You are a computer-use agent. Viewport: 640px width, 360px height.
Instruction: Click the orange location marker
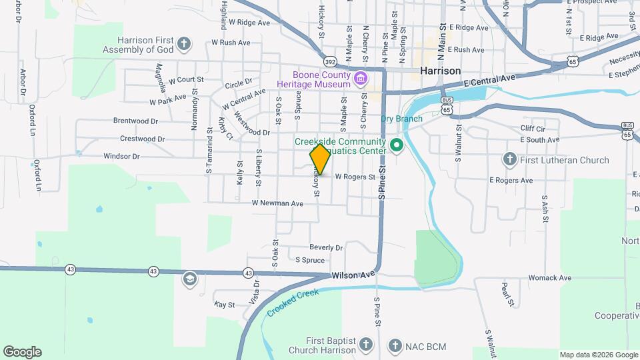321,159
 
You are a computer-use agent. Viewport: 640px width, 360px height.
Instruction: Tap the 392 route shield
330,61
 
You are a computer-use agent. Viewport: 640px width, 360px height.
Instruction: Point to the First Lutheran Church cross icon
509,159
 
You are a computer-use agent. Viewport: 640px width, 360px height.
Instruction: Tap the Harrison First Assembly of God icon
185,45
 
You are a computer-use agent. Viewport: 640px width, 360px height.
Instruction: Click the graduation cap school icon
189,279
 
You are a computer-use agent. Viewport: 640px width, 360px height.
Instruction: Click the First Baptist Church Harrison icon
365,345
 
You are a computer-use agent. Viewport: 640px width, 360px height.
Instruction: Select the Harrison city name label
440,70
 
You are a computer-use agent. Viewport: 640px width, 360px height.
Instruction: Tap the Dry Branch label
401,119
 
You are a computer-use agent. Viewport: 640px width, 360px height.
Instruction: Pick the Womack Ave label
549,277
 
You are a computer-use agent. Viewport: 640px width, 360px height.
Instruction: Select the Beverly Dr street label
326,247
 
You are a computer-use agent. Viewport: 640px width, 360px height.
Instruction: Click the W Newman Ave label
277,203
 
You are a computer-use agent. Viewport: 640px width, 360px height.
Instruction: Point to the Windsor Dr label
121,157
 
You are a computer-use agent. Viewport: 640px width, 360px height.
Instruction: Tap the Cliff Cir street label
533,128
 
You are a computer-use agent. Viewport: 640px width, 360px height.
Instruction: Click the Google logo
22,352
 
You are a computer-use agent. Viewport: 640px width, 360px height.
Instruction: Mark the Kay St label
225,305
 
